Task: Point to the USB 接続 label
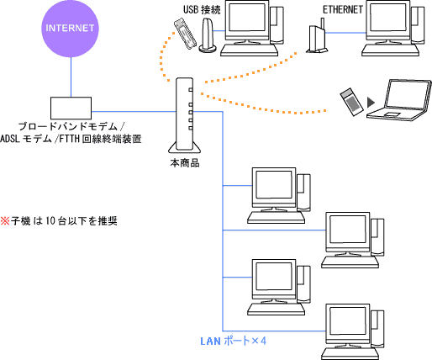tap(203, 9)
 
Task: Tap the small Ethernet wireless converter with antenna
tap(316, 40)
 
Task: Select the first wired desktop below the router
tap(278, 195)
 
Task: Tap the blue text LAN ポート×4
tap(233, 341)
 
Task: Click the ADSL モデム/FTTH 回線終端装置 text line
tap(71, 138)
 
